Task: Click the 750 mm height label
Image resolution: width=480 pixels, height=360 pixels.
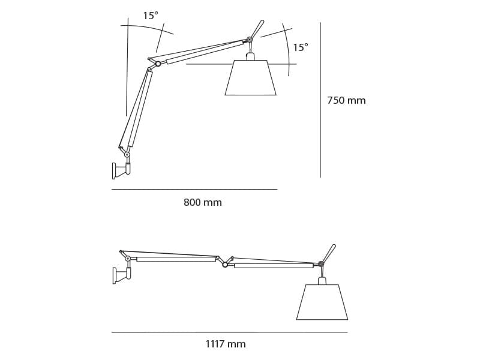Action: point(346,101)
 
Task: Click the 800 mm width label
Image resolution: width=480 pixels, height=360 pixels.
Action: point(203,203)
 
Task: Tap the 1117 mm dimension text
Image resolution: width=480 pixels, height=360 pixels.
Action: point(226,344)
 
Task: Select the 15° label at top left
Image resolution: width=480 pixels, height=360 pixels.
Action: point(151,16)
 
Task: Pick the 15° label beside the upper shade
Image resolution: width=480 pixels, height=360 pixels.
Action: point(301,48)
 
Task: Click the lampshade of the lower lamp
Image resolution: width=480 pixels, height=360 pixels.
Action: point(322,302)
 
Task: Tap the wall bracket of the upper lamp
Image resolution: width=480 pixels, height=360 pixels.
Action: point(115,171)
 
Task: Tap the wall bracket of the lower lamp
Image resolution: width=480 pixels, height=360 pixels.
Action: point(116,275)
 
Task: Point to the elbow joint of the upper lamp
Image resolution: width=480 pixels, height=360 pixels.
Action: point(158,64)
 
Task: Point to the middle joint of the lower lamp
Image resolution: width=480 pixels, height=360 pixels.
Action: point(225,265)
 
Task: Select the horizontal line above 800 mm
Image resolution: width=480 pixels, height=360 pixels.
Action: point(194,190)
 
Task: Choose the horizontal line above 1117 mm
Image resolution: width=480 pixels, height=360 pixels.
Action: point(229,332)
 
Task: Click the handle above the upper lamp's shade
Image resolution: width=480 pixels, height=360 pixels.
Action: point(257,29)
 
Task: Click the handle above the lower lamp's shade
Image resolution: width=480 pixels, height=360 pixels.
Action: point(328,253)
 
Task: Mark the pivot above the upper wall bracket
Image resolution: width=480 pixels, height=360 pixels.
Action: point(127,155)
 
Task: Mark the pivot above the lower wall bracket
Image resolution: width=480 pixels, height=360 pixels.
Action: point(128,259)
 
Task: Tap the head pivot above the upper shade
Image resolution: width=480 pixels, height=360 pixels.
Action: point(250,40)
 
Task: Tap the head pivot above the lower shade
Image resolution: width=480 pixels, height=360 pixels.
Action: point(321,264)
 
